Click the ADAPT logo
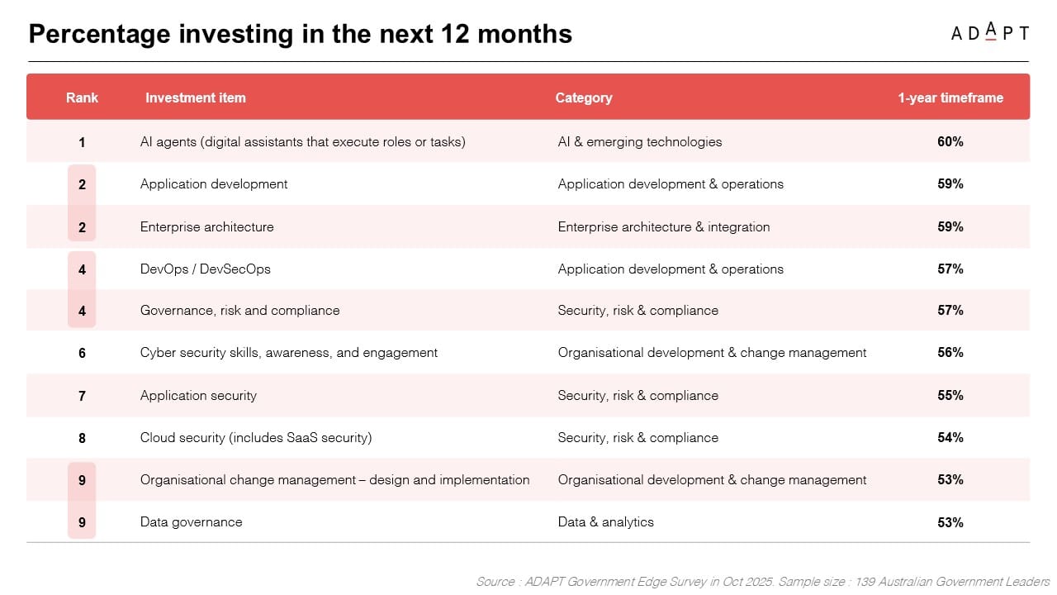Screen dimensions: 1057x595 pyautogui.click(x=989, y=32)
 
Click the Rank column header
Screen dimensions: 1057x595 pyautogui.click(x=82, y=98)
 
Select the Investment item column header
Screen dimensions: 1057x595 pyautogui.click(x=196, y=98)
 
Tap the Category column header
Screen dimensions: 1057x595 pyautogui.click(x=584, y=98)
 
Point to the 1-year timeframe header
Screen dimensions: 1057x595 pyautogui.click(x=950, y=98)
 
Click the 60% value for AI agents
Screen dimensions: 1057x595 pyautogui.click(x=950, y=141)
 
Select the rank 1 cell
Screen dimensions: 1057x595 pyautogui.click(x=82, y=142)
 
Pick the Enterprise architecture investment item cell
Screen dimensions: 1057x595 pyautogui.click(x=206, y=226)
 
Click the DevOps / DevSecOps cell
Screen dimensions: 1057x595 pyautogui.click(x=206, y=269)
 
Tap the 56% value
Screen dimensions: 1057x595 pyautogui.click(x=950, y=352)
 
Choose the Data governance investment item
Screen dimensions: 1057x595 pyautogui.click(x=191, y=522)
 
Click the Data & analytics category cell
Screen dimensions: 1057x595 pyautogui.click(x=606, y=522)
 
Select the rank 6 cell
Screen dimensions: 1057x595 pyautogui.click(x=82, y=353)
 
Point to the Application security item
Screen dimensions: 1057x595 pyautogui.click(x=198, y=396)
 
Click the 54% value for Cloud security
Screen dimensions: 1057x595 pyautogui.click(x=950, y=437)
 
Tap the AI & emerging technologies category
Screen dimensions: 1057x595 pyautogui.click(x=640, y=142)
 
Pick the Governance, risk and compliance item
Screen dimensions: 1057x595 pyautogui.click(x=239, y=311)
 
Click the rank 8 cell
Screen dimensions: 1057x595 pyautogui.click(x=82, y=438)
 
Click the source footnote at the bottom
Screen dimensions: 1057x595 pyautogui.click(x=763, y=581)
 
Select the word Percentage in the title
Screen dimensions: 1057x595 pyautogui.click(x=99, y=35)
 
